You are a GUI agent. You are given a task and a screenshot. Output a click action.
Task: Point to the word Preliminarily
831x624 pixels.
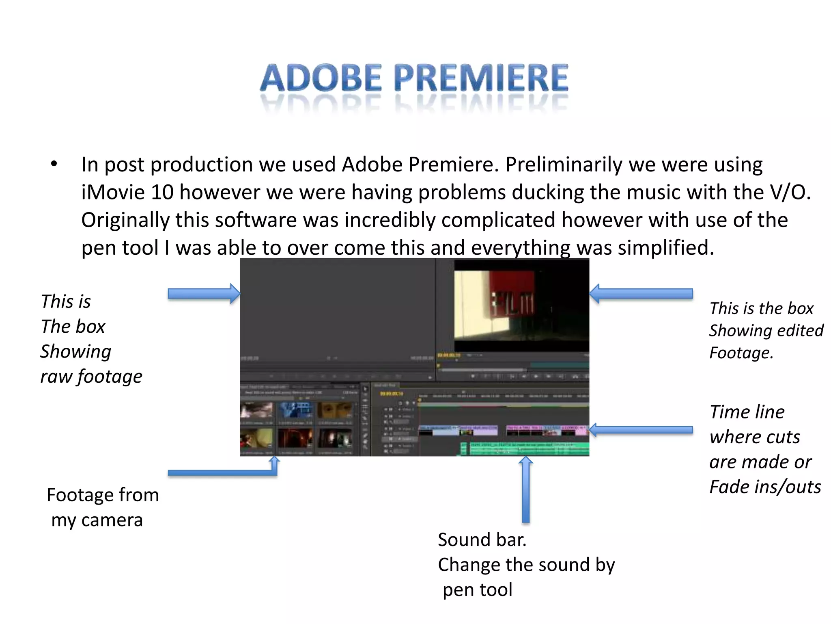pyautogui.click(x=564, y=165)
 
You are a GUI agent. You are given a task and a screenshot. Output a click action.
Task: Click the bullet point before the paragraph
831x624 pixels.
pyautogui.click(x=54, y=165)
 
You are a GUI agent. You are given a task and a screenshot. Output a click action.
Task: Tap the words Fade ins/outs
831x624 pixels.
pyautogui.click(x=765, y=487)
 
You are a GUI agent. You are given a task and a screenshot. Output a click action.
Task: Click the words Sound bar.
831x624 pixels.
pyautogui.click(x=482, y=540)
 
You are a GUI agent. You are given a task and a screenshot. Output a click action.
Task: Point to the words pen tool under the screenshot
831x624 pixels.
pyautogui.click(x=478, y=590)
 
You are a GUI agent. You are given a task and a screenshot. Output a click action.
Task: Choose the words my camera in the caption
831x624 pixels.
pyautogui.click(x=97, y=520)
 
